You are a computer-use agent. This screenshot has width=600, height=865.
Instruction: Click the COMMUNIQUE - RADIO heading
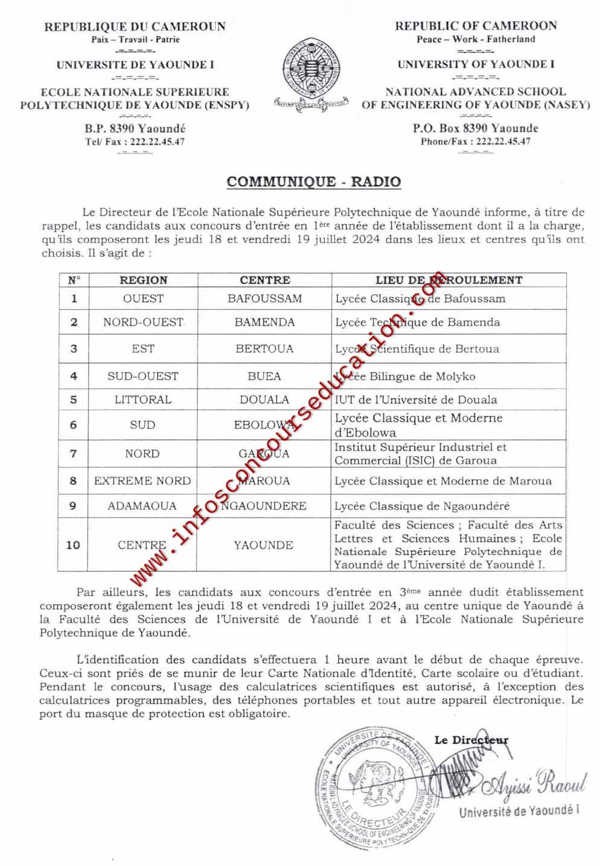pos(313,181)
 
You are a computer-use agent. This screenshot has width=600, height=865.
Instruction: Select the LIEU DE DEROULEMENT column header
pos(448,280)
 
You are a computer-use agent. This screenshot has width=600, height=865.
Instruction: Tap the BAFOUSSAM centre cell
pos(264,298)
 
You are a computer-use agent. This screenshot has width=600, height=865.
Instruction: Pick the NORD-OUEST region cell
pos(143,322)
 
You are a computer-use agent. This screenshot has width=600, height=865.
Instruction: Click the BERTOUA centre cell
pos(264,349)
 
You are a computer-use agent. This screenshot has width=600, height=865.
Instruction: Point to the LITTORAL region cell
pos(143,399)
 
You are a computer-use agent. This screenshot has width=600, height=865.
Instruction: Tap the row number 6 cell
pos(74,425)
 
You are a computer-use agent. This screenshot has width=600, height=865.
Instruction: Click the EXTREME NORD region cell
pos(142,481)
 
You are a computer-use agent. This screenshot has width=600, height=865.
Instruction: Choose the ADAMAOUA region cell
pos(142,506)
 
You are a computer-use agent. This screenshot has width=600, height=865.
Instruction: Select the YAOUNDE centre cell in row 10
pos(264,545)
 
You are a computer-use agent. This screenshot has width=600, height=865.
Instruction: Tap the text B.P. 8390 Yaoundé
pos(135,128)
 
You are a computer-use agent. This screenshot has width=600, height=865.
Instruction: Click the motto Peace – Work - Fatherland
pos(476,39)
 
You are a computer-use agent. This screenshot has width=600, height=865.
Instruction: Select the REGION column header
pos(143,280)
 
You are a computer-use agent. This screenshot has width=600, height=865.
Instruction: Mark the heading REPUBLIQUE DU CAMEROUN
pos(135,26)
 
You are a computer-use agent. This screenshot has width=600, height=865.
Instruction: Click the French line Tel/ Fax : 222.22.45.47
pos(135,142)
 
